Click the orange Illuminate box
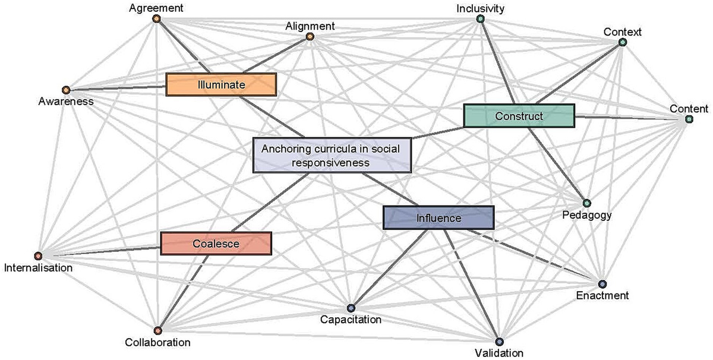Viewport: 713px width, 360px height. click(221, 85)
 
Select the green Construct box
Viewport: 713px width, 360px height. click(519, 116)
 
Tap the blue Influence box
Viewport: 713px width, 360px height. click(438, 218)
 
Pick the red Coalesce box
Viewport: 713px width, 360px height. click(216, 244)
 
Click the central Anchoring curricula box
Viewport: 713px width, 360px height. click(332, 156)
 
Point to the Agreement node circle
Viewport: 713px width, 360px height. click(156, 19)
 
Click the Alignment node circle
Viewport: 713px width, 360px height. click(310, 37)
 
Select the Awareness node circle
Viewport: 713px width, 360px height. click(66, 90)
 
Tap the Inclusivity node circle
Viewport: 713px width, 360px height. click(480, 19)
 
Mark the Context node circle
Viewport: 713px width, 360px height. click(622, 42)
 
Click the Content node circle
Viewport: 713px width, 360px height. click(689, 119)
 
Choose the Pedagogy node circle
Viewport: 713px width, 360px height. click(586, 203)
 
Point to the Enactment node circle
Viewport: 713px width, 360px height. click(602, 284)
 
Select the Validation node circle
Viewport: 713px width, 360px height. click(499, 342)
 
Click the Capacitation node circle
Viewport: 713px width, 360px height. click(351, 308)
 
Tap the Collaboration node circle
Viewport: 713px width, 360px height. click(157, 330)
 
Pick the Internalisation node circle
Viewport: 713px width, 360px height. click(38, 256)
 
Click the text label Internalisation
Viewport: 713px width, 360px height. click(38, 268)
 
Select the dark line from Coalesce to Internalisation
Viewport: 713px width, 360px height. click(101, 250)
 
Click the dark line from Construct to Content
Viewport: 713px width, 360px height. click(630, 118)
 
